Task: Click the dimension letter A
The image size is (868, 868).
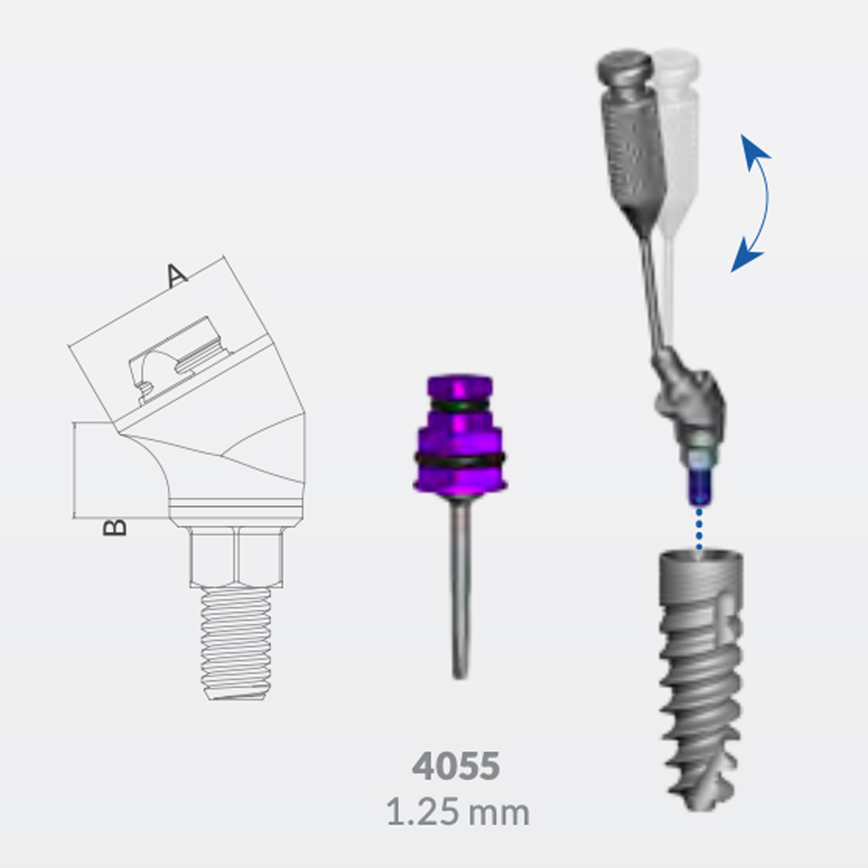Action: (176, 276)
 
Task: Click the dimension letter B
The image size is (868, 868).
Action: (115, 527)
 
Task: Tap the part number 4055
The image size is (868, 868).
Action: (457, 766)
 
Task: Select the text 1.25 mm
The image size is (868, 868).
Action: (457, 812)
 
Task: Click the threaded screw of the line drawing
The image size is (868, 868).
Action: (236, 643)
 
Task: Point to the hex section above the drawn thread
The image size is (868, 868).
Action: (236, 556)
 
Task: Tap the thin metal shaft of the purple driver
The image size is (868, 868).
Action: (460, 588)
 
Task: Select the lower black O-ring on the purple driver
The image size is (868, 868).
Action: (459, 459)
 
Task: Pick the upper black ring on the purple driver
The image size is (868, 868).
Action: (459, 405)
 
